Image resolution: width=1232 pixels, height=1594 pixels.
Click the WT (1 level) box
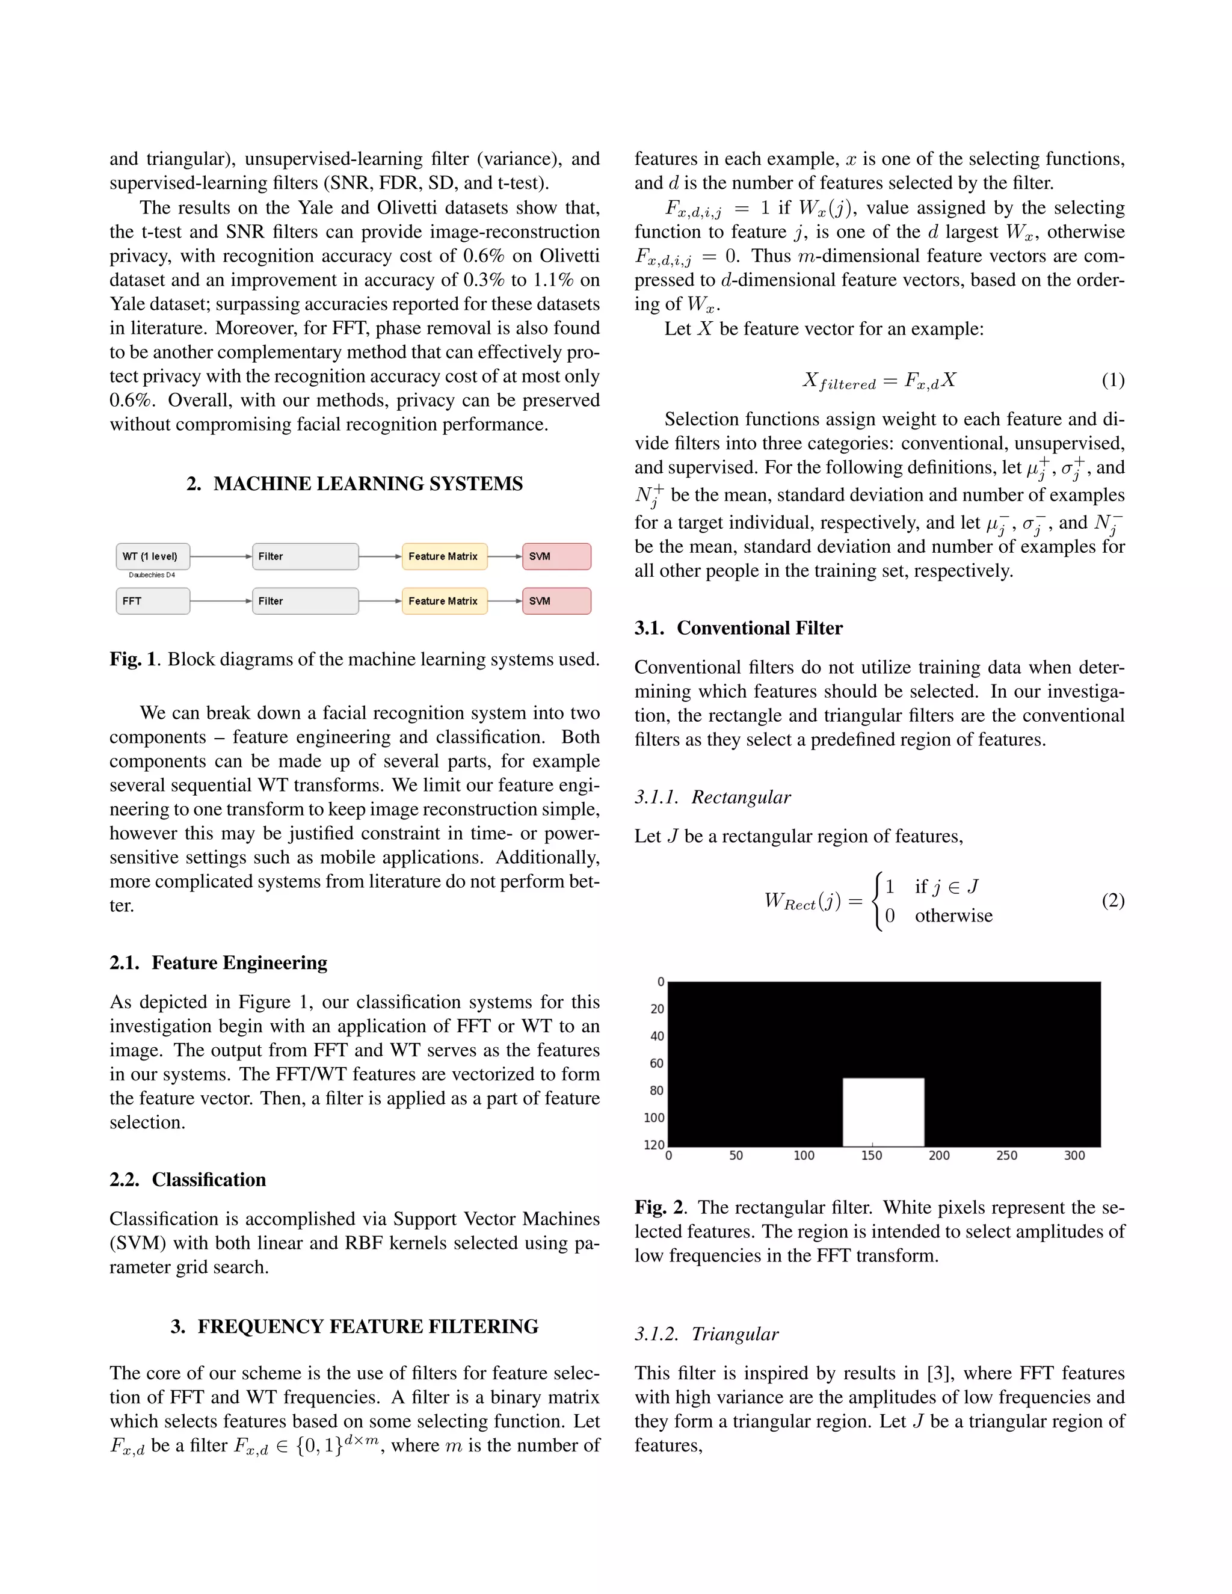[x=153, y=556]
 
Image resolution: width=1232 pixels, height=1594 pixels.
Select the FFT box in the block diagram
[x=153, y=601]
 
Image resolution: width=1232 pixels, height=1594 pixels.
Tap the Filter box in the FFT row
[x=305, y=601]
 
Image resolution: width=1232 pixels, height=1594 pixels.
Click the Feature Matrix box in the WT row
[x=444, y=556]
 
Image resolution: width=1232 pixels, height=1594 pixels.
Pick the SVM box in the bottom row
[x=556, y=601]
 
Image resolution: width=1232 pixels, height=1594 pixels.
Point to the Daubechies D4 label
[x=152, y=575]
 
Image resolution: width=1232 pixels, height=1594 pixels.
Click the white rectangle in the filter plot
[x=883, y=1112]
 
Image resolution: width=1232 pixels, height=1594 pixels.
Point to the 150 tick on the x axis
[x=872, y=1155]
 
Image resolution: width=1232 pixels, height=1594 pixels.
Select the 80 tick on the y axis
[x=657, y=1091]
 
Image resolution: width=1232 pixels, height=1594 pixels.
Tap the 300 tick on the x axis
[x=1074, y=1155]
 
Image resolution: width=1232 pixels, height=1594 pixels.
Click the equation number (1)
[x=1112, y=380]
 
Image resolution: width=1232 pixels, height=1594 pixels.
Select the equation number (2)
[x=1112, y=900]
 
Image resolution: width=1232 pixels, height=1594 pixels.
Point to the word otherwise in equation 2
[x=953, y=916]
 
